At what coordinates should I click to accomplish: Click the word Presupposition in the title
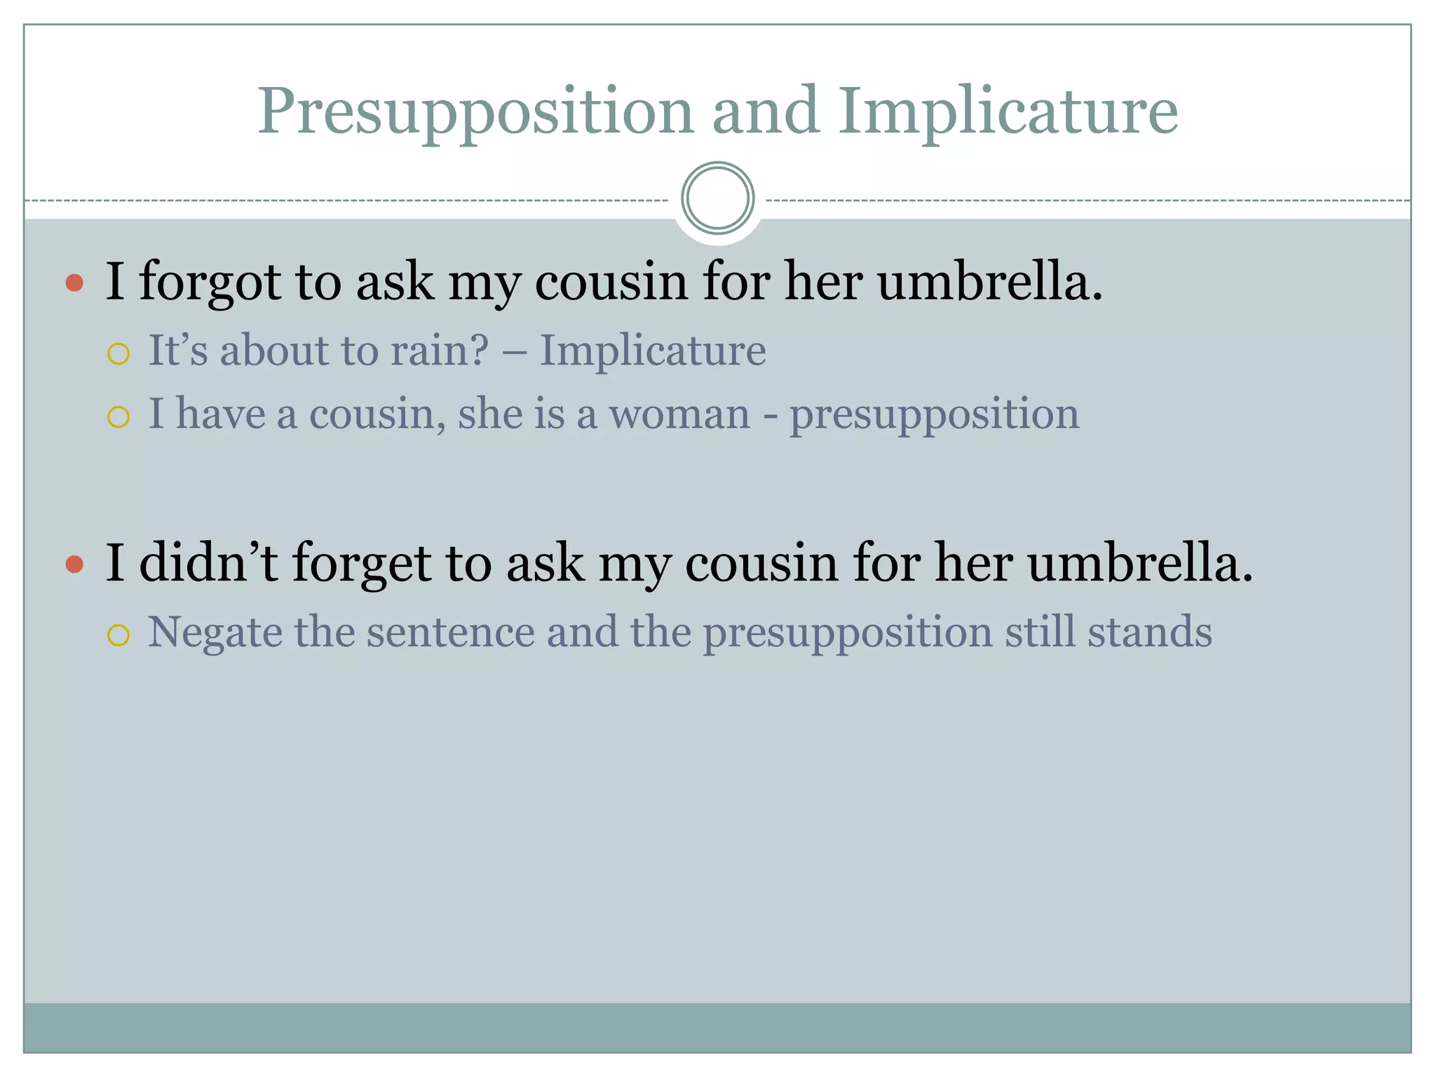pos(475,112)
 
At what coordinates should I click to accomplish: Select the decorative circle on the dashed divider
pos(717,198)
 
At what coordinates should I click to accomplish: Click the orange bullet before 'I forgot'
pos(74,283)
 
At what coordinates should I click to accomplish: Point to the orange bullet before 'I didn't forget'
pos(74,564)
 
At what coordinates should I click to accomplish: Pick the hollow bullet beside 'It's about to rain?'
pos(118,353)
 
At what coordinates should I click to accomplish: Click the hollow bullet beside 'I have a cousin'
pos(118,417)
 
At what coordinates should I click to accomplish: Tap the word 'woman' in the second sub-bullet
pos(679,414)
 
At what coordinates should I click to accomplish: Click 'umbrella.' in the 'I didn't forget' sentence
pos(1140,562)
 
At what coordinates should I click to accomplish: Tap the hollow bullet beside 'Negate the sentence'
pos(118,635)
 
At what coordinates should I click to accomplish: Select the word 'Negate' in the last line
pos(215,632)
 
